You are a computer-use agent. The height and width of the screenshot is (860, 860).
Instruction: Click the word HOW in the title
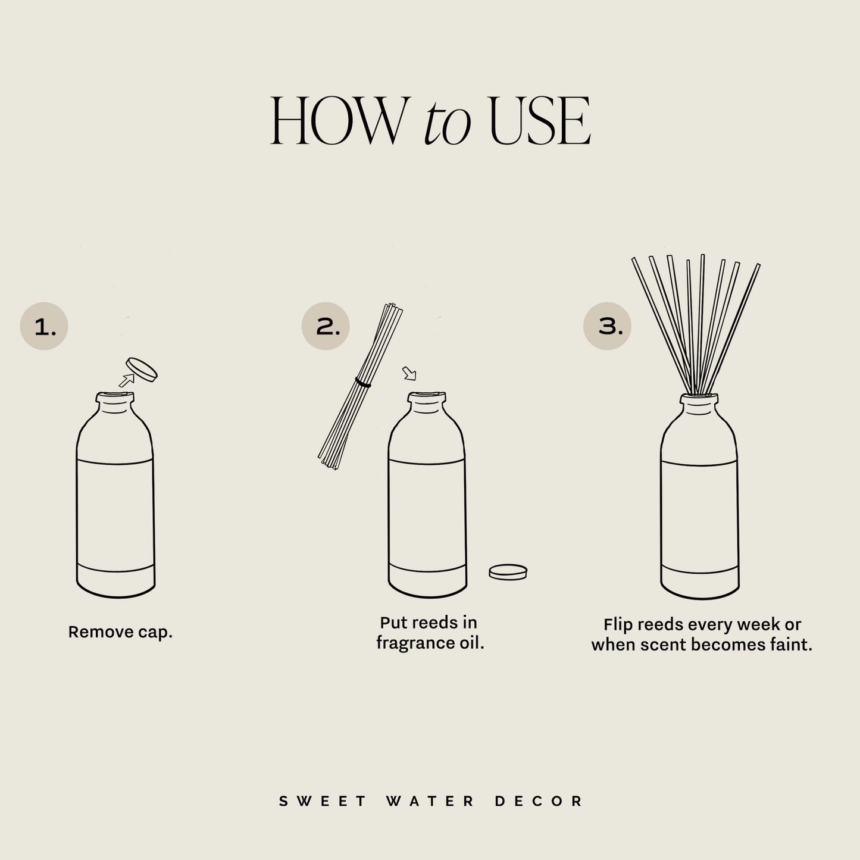[x=336, y=122]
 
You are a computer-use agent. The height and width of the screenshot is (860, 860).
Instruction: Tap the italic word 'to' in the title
[x=447, y=125]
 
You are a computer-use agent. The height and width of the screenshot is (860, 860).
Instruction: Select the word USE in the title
[x=539, y=122]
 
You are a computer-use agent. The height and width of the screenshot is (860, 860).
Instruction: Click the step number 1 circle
[x=44, y=326]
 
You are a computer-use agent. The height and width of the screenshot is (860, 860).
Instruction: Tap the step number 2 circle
[x=326, y=326]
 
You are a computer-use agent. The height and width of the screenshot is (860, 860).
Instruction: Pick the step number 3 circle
[x=607, y=326]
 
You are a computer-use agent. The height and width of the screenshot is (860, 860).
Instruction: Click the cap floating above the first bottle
[x=142, y=369]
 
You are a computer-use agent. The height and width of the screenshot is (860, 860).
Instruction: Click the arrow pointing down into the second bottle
[x=409, y=373]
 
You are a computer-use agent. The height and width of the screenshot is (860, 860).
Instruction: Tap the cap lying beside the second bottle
[x=508, y=572]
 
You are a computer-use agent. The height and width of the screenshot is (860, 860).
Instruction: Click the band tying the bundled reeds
[x=363, y=382]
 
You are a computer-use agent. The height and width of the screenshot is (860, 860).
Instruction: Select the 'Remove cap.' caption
[x=120, y=632]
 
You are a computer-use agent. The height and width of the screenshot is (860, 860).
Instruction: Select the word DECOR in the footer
[x=539, y=801]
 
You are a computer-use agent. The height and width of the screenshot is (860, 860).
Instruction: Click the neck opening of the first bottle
[x=115, y=395]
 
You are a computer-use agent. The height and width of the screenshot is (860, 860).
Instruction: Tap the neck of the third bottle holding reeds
[x=699, y=403]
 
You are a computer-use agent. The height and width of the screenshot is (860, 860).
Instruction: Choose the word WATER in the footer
[x=430, y=801]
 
